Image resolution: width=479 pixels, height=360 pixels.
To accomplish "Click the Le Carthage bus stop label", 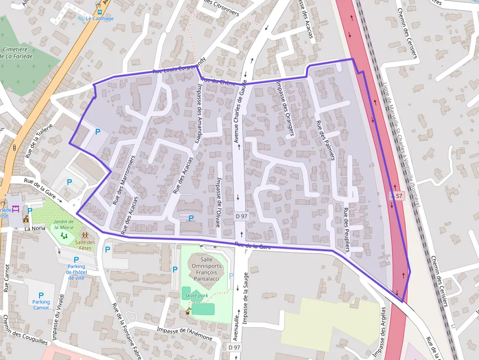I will (100, 19).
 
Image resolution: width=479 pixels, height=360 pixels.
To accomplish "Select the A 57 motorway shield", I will (397, 196).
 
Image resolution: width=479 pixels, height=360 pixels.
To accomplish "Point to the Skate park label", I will (196, 296).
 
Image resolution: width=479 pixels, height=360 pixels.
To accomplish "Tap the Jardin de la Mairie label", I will (64, 224).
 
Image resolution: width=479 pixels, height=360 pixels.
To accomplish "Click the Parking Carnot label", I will (41, 304).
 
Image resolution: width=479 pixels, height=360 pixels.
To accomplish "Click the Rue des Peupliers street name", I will (347, 230).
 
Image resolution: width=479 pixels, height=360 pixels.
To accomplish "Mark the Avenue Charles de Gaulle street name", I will (239, 112).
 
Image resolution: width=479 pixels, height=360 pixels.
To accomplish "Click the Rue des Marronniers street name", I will (123, 180).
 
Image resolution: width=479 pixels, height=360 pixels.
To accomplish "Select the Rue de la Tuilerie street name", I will (39, 143).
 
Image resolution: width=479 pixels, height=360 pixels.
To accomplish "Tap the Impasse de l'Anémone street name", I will (185, 334).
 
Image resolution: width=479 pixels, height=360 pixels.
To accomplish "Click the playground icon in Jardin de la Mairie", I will (64, 235).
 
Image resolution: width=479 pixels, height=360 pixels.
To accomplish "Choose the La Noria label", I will (34, 228).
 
